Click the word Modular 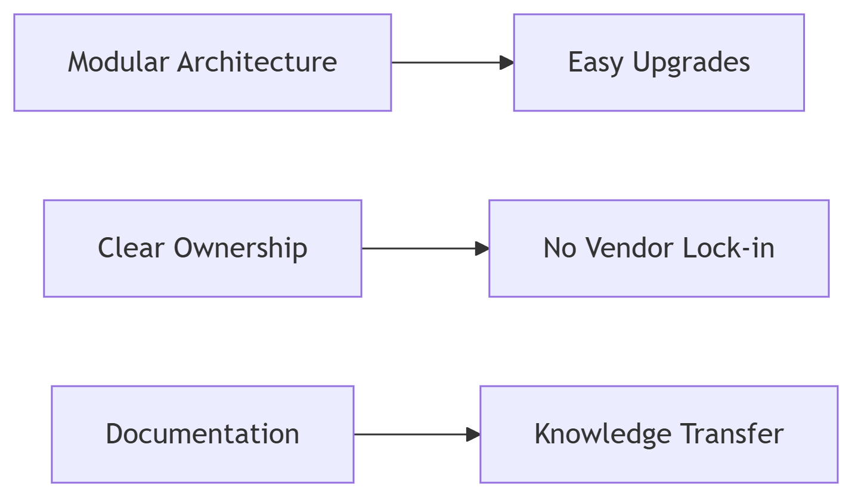(x=119, y=62)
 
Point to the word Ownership (x=240, y=248)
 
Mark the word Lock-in (x=728, y=248)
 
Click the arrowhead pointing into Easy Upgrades (x=506, y=63)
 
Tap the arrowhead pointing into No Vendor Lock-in (x=482, y=248)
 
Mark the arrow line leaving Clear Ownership (x=417, y=248)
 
